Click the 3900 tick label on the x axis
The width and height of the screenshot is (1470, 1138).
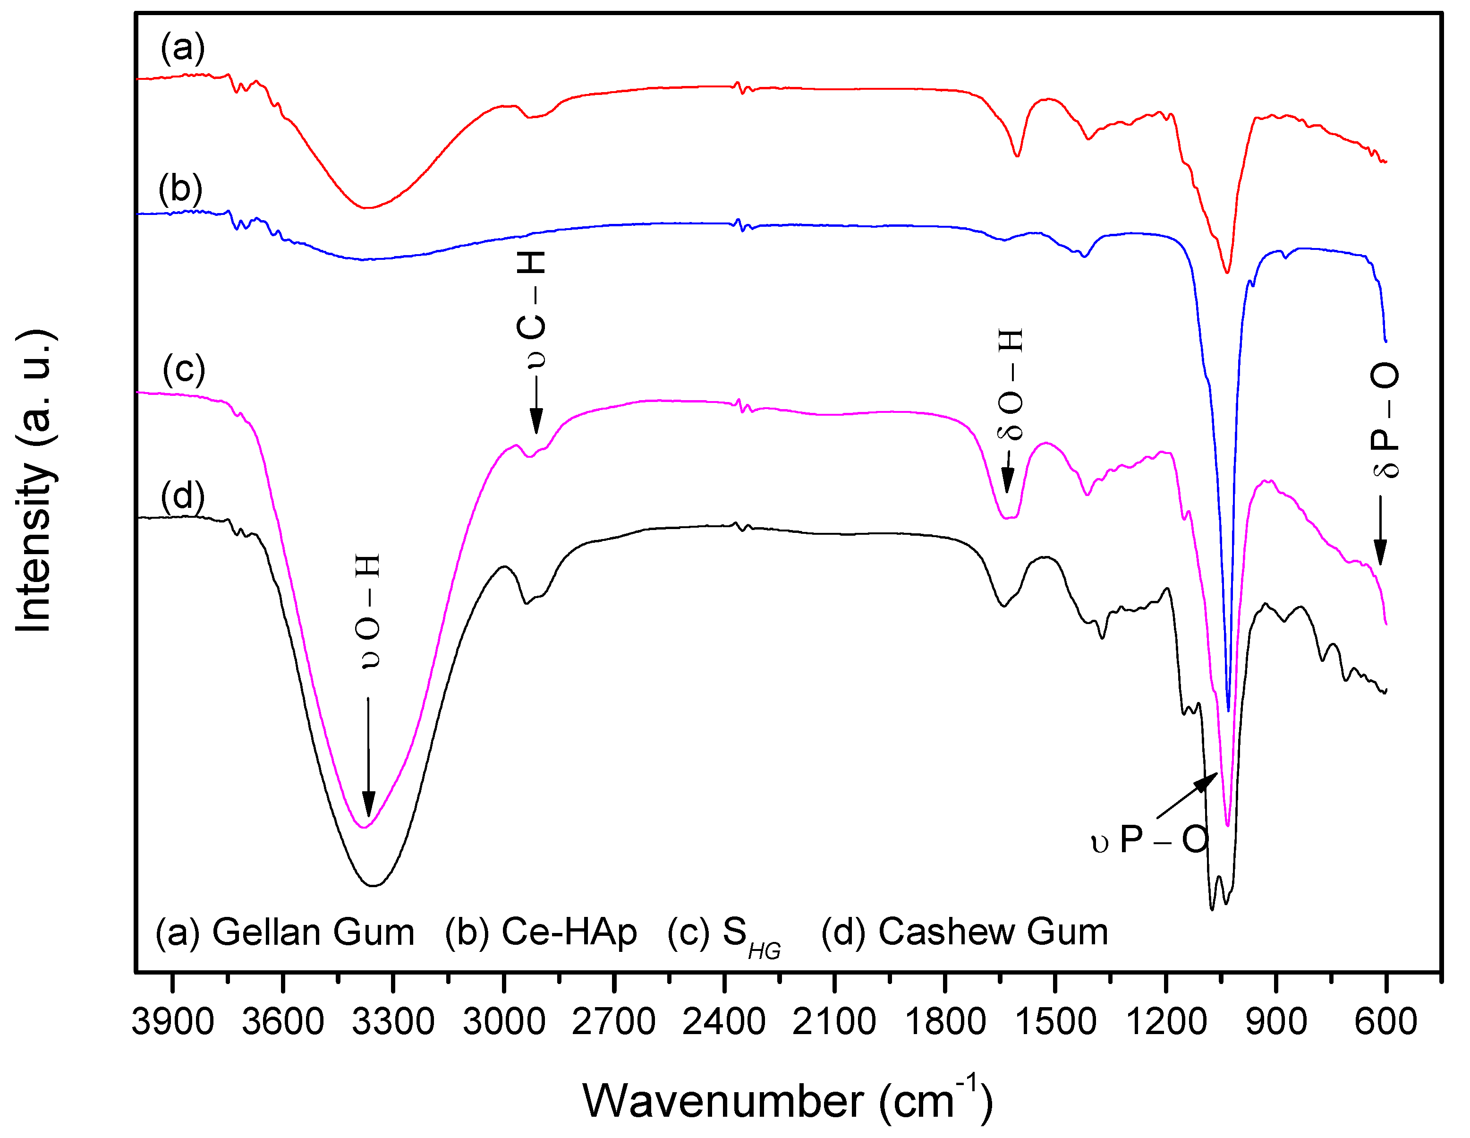point(173,1021)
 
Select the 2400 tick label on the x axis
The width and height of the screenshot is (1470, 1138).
point(724,1021)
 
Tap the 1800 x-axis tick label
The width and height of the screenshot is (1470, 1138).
point(945,1021)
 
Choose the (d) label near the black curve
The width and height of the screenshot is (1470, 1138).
point(182,496)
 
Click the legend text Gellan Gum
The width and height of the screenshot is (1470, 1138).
point(313,933)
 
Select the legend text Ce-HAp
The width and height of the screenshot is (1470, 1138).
point(569,933)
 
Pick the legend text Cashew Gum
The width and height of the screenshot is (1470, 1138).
point(993,933)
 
